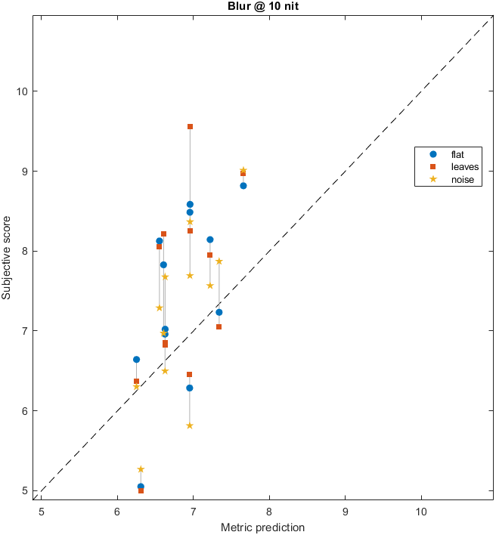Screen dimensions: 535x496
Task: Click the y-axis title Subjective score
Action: tap(7, 254)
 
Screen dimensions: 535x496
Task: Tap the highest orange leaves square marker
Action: tap(190, 126)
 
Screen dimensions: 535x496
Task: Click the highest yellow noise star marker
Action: tap(243, 171)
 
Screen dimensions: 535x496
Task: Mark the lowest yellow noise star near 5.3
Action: tap(141, 469)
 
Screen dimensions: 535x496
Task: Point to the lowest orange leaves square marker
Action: tap(141, 490)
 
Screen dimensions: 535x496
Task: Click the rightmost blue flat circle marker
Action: tap(243, 185)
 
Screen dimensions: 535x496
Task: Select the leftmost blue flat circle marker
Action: tap(136, 360)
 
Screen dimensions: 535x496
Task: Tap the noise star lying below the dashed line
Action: tap(190, 425)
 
